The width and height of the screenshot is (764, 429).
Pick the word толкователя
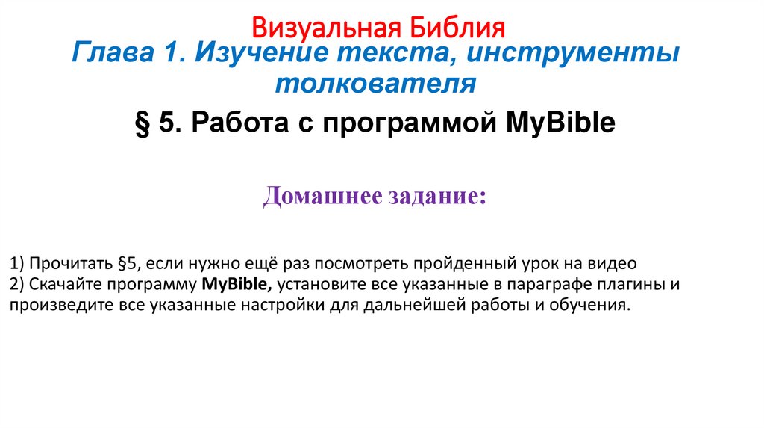pos(375,84)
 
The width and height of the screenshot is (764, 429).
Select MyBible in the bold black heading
pos(561,122)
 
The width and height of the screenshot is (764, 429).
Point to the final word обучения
pos(592,305)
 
